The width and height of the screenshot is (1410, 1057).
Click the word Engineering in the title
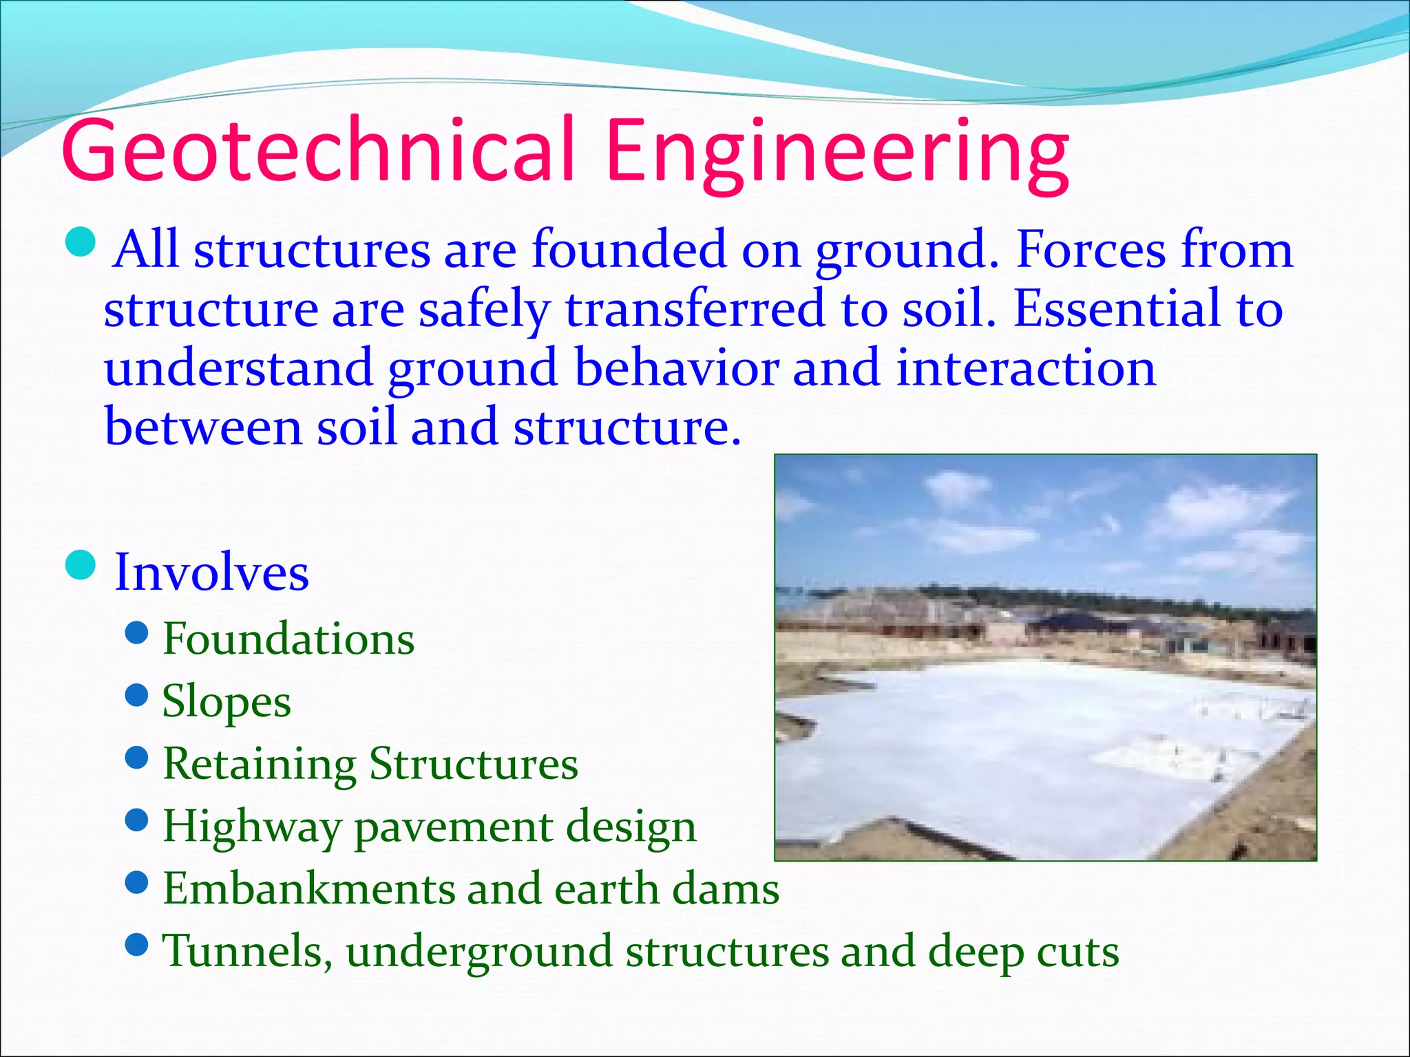pyautogui.click(x=837, y=155)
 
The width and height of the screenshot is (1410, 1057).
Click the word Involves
pyautogui.click(x=211, y=573)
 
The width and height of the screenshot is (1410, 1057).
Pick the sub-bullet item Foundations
pyautogui.click(x=288, y=639)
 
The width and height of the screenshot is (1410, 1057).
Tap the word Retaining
pyautogui.click(x=260, y=765)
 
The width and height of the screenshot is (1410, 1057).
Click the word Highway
pyautogui.click(x=251, y=827)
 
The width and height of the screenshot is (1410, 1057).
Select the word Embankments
pyautogui.click(x=308, y=889)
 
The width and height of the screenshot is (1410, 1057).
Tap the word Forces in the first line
pyautogui.click(x=1091, y=249)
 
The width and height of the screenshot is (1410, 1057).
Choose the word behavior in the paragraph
pyautogui.click(x=676, y=367)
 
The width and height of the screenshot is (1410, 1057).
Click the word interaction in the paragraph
pyautogui.click(x=1026, y=367)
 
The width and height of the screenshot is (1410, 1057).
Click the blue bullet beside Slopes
pyautogui.click(x=138, y=695)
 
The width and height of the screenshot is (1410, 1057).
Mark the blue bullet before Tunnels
pyautogui.click(x=138, y=945)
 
